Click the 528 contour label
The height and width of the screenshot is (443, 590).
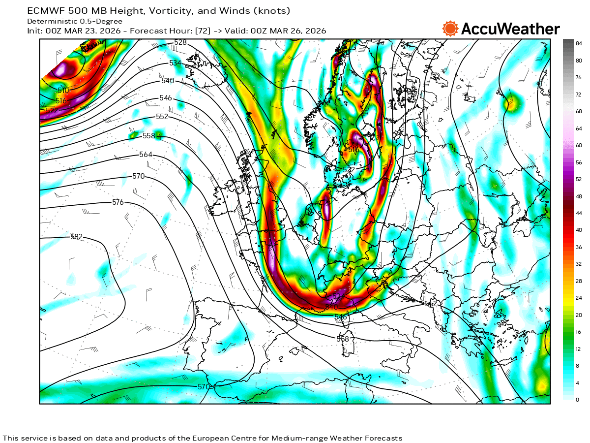click(x=180, y=42)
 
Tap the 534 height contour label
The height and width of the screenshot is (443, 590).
click(x=175, y=63)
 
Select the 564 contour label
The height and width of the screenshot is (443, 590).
click(x=146, y=155)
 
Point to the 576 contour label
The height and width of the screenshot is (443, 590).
click(x=118, y=202)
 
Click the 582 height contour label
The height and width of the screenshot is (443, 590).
click(x=77, y=237)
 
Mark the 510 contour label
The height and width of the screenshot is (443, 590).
click(x=63, y=91)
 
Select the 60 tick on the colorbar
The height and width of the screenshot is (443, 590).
click(x=579, y=145)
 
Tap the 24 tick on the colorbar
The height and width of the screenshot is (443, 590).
click(x=579, y=297)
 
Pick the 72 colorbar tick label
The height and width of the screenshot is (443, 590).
click(x=579, y=95)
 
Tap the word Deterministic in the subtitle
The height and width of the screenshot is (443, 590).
click(x=52, y=21)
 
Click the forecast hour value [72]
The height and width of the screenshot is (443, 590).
click(x=203, y=31)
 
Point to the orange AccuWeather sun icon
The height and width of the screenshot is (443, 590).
click(x=450, y=29)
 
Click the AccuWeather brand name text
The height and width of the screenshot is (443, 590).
click(x=510, y=29)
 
